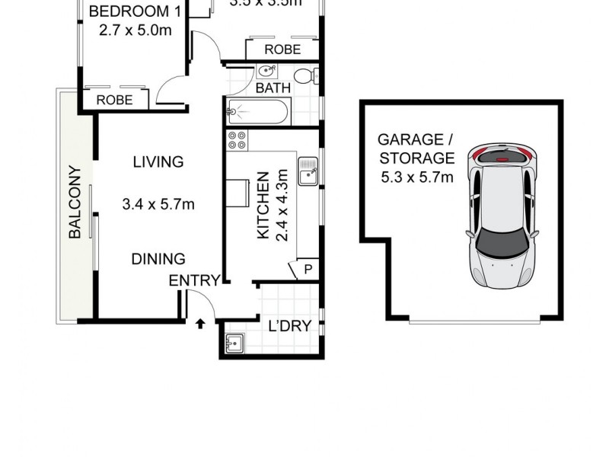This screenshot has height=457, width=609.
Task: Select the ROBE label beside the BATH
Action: (x=282, y=50)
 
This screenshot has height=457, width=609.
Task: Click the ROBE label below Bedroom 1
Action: (x=114, y=100)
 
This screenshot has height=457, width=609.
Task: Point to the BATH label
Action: (x=273, y=88)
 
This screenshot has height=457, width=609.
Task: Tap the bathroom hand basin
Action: (x=266, y=72)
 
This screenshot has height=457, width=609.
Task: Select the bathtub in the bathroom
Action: (x=258, y=113)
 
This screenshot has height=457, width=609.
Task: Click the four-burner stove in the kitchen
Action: (x=237, y=141)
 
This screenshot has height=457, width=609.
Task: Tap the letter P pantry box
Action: (x=308, y=269)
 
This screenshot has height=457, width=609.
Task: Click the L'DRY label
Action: (x=289, y=327)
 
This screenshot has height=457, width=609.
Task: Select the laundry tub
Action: (x=234, y=344)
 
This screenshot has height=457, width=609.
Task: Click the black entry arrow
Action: (x=200, y=324)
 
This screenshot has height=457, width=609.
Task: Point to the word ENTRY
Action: (x=193, y=281)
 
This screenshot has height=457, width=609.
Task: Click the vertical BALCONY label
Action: (x=75, y=203)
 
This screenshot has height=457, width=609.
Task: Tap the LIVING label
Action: (x=158, y=161)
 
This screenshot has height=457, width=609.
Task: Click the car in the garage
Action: (x=502, y=215)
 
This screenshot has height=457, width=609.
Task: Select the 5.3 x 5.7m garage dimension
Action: (x=416, y=177)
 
